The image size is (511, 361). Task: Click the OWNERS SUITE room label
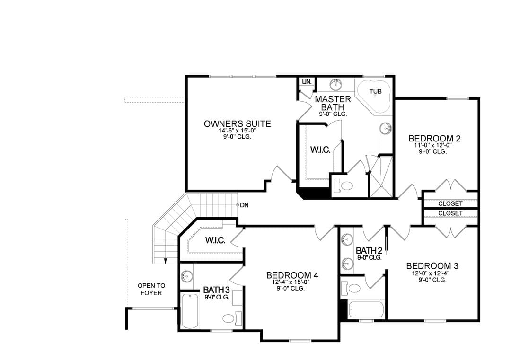tap(237, 124)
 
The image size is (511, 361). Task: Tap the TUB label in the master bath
tap(375, 92)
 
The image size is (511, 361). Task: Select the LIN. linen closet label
tap(307, 81)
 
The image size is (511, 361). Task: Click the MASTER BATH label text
tap(333, 103)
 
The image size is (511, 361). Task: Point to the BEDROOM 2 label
tap(434, 139)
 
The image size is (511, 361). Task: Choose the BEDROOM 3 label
tap(432, 266)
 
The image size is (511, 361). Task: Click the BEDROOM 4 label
tap(292, 275)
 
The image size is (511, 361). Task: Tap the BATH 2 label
tap(369, 251)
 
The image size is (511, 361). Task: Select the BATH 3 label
tap(216, 290)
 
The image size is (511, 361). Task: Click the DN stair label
tap(244, 205)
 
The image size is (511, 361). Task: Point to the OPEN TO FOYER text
tap(151, 290)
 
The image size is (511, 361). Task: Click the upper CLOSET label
tap(450, 203)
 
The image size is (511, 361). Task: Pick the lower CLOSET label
tap(450, 213)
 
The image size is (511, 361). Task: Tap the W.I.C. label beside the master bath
tap(320, 150)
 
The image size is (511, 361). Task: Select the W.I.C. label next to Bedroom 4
tap(215, 240)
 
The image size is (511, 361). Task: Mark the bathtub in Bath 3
tap(190, 311)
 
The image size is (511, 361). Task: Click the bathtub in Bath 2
tap(366, 310)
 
